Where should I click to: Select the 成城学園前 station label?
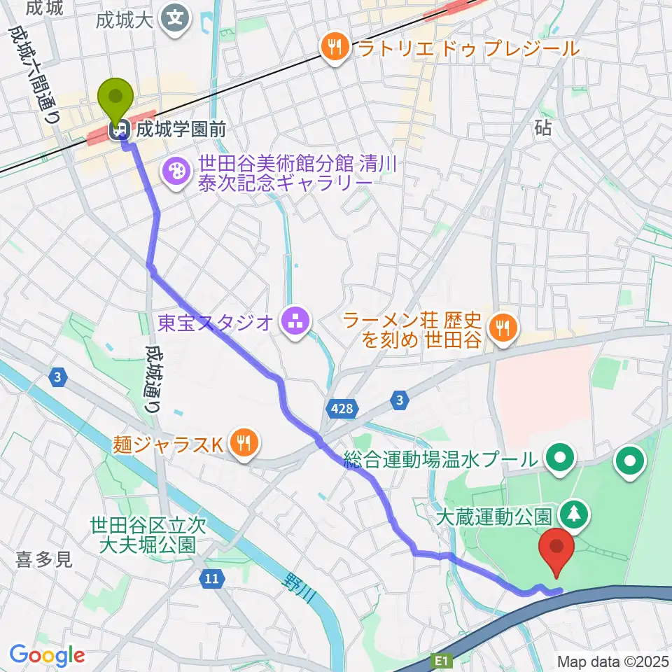[163, 129]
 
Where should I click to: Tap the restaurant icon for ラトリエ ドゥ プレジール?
[335, 48]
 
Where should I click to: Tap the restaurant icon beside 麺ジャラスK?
[242, 442]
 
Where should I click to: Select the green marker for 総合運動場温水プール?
[561, 459]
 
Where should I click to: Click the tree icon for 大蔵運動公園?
[574, 514]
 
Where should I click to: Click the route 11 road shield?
[211, 578]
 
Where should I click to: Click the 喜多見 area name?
[44, 559]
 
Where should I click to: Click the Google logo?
[47, 655]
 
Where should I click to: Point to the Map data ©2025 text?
[612, 661]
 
